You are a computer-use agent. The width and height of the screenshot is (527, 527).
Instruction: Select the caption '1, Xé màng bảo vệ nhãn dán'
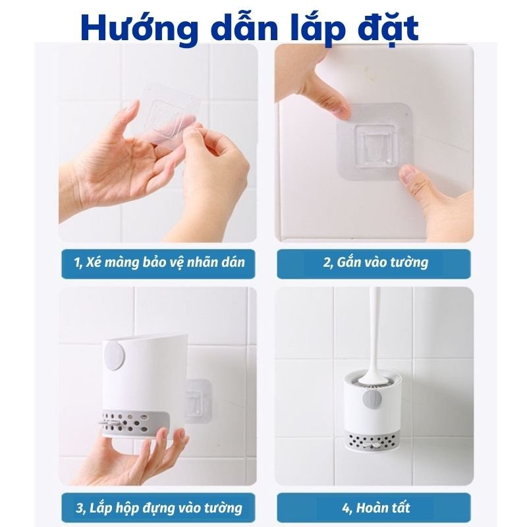pos(159,262)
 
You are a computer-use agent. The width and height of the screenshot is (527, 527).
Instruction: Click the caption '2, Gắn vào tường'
pos(375,262)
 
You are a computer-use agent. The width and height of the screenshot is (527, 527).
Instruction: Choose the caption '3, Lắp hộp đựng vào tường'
pos(159,508)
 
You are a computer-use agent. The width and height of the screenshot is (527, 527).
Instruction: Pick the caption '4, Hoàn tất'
pos(375,508)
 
